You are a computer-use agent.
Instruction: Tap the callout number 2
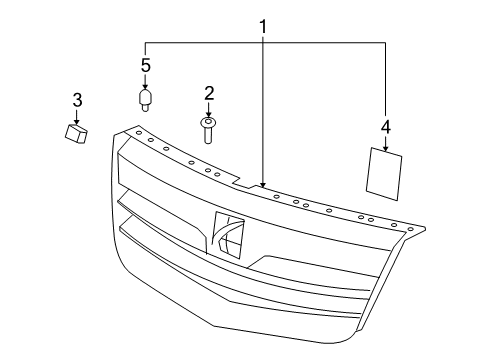209,94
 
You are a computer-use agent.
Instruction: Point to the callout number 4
385,126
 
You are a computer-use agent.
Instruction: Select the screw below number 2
209,128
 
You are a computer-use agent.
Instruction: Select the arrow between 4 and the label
385,141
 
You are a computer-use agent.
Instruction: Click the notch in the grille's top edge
240,182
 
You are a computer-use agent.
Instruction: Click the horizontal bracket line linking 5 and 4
264,42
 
